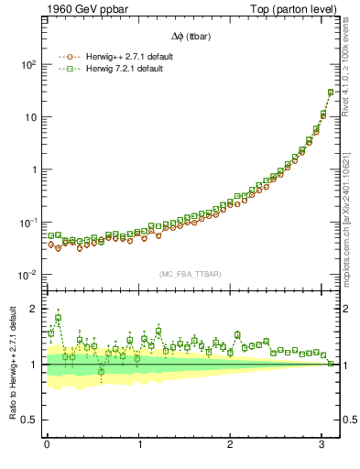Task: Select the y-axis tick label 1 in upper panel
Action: pos(34,170)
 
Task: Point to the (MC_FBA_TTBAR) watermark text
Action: pos(191,275)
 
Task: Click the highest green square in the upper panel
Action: pos(331,92)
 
